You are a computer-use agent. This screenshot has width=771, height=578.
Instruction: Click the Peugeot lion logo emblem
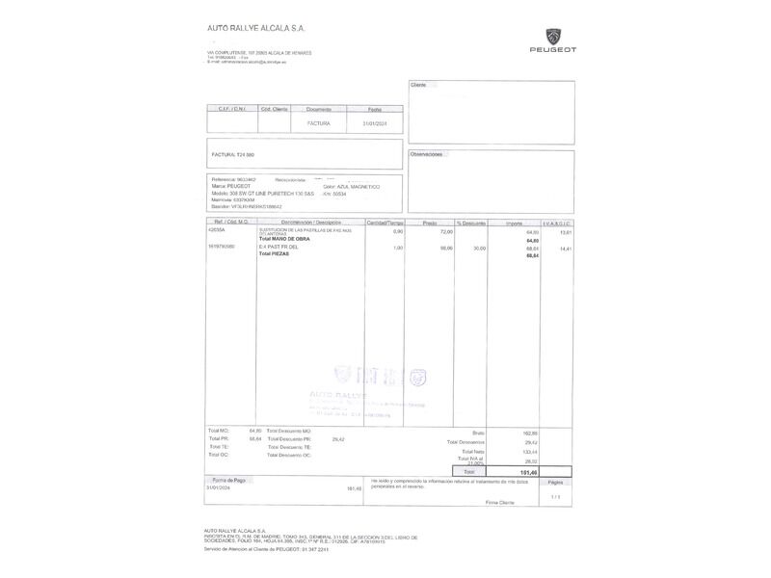pos(552,36)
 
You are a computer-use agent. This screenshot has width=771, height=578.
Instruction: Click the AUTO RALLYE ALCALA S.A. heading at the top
pos(255,29)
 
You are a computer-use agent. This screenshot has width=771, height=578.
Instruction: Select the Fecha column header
pos(374,110)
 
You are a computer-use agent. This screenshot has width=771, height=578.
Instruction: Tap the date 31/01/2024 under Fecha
pos(374,124)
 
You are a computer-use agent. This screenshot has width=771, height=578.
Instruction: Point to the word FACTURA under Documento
pos(319,124)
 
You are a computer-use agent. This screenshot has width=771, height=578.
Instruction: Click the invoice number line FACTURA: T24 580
pos(233,154)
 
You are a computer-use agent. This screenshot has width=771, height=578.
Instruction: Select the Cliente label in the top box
pos(418,86)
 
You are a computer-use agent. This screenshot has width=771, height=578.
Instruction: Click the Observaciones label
pos(426,154)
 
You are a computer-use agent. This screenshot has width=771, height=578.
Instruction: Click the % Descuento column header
pos(471,223)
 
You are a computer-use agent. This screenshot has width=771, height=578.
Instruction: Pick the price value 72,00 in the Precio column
pos(446,232)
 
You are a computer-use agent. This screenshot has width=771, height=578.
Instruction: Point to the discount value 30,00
pos(478,248)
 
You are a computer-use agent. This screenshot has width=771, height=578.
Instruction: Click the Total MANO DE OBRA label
pos(284,239)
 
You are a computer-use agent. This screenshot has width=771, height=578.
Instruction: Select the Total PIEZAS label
pos(274,253)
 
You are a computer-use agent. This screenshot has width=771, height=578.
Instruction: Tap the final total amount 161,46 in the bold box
pos(528,472)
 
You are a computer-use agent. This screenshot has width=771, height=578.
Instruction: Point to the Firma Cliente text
pos(499,502)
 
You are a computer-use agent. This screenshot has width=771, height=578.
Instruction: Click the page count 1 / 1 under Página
pos(554,496)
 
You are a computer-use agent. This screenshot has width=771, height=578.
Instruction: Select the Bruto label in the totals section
pos(478,433)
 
